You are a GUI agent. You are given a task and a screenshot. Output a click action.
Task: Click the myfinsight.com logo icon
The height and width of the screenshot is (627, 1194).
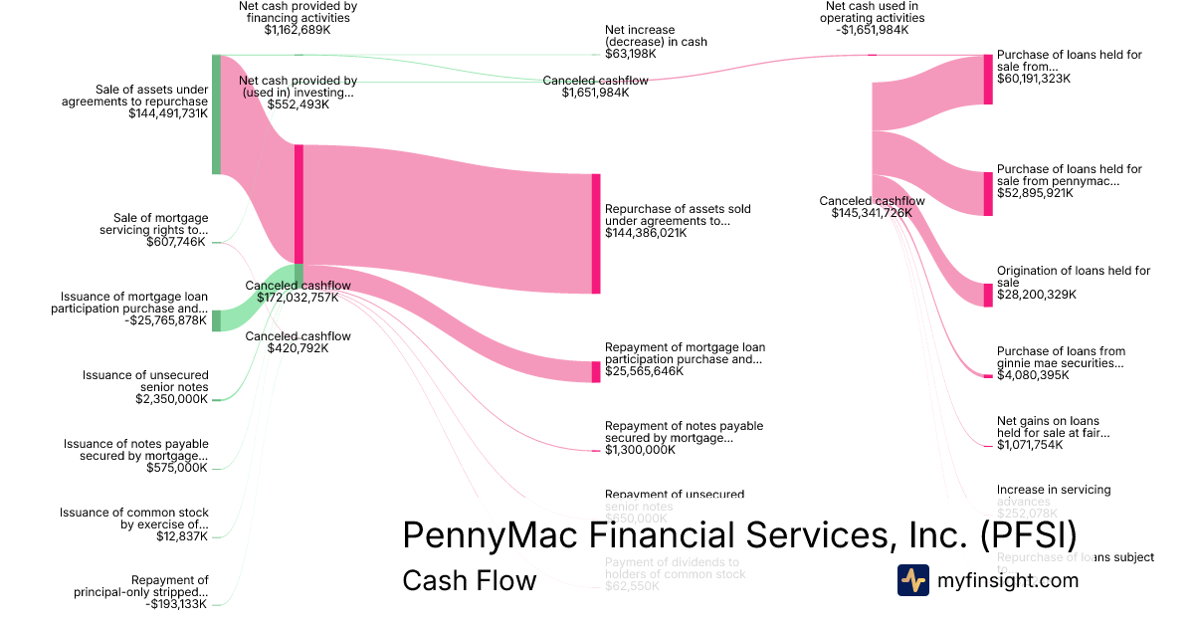pos(912,580)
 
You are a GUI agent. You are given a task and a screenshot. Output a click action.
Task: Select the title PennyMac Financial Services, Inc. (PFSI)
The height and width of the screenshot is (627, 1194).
pos(739,535)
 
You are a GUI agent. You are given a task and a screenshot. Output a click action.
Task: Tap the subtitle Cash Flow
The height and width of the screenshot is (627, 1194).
pos(469,580)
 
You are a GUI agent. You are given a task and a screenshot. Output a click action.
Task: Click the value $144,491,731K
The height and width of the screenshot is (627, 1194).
pos(168,113)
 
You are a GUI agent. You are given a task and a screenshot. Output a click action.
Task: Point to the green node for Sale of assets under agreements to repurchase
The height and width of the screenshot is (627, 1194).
pos(216,114)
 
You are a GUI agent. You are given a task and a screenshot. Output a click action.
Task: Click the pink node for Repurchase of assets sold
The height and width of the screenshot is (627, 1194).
pos(596,234)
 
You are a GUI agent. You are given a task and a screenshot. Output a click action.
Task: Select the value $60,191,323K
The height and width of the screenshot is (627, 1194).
pos(1034,78)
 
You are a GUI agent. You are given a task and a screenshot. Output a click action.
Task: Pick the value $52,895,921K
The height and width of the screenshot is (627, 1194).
pos(1035,193)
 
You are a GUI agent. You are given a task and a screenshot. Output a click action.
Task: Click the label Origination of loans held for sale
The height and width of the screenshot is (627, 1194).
pos(1073,276)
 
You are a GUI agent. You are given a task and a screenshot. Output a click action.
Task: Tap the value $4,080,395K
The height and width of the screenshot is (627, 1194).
pos(1033,375)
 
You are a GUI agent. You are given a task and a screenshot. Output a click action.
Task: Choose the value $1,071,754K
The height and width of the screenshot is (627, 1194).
pos(1030,444)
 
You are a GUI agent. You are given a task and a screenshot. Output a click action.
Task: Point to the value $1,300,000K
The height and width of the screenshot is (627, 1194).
pos(640,450)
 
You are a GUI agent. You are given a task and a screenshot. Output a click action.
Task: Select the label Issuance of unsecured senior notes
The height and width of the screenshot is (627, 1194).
pos(145,381)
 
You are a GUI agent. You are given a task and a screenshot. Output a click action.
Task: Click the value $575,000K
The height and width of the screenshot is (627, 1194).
pos(177,468)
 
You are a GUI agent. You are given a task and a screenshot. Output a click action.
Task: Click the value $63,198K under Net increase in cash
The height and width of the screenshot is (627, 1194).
pos(630,54)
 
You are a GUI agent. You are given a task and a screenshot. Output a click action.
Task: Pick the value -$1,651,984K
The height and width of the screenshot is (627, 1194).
pos(874,30)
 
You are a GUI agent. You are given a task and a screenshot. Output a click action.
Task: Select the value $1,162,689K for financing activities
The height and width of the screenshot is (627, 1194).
pos(298,30)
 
